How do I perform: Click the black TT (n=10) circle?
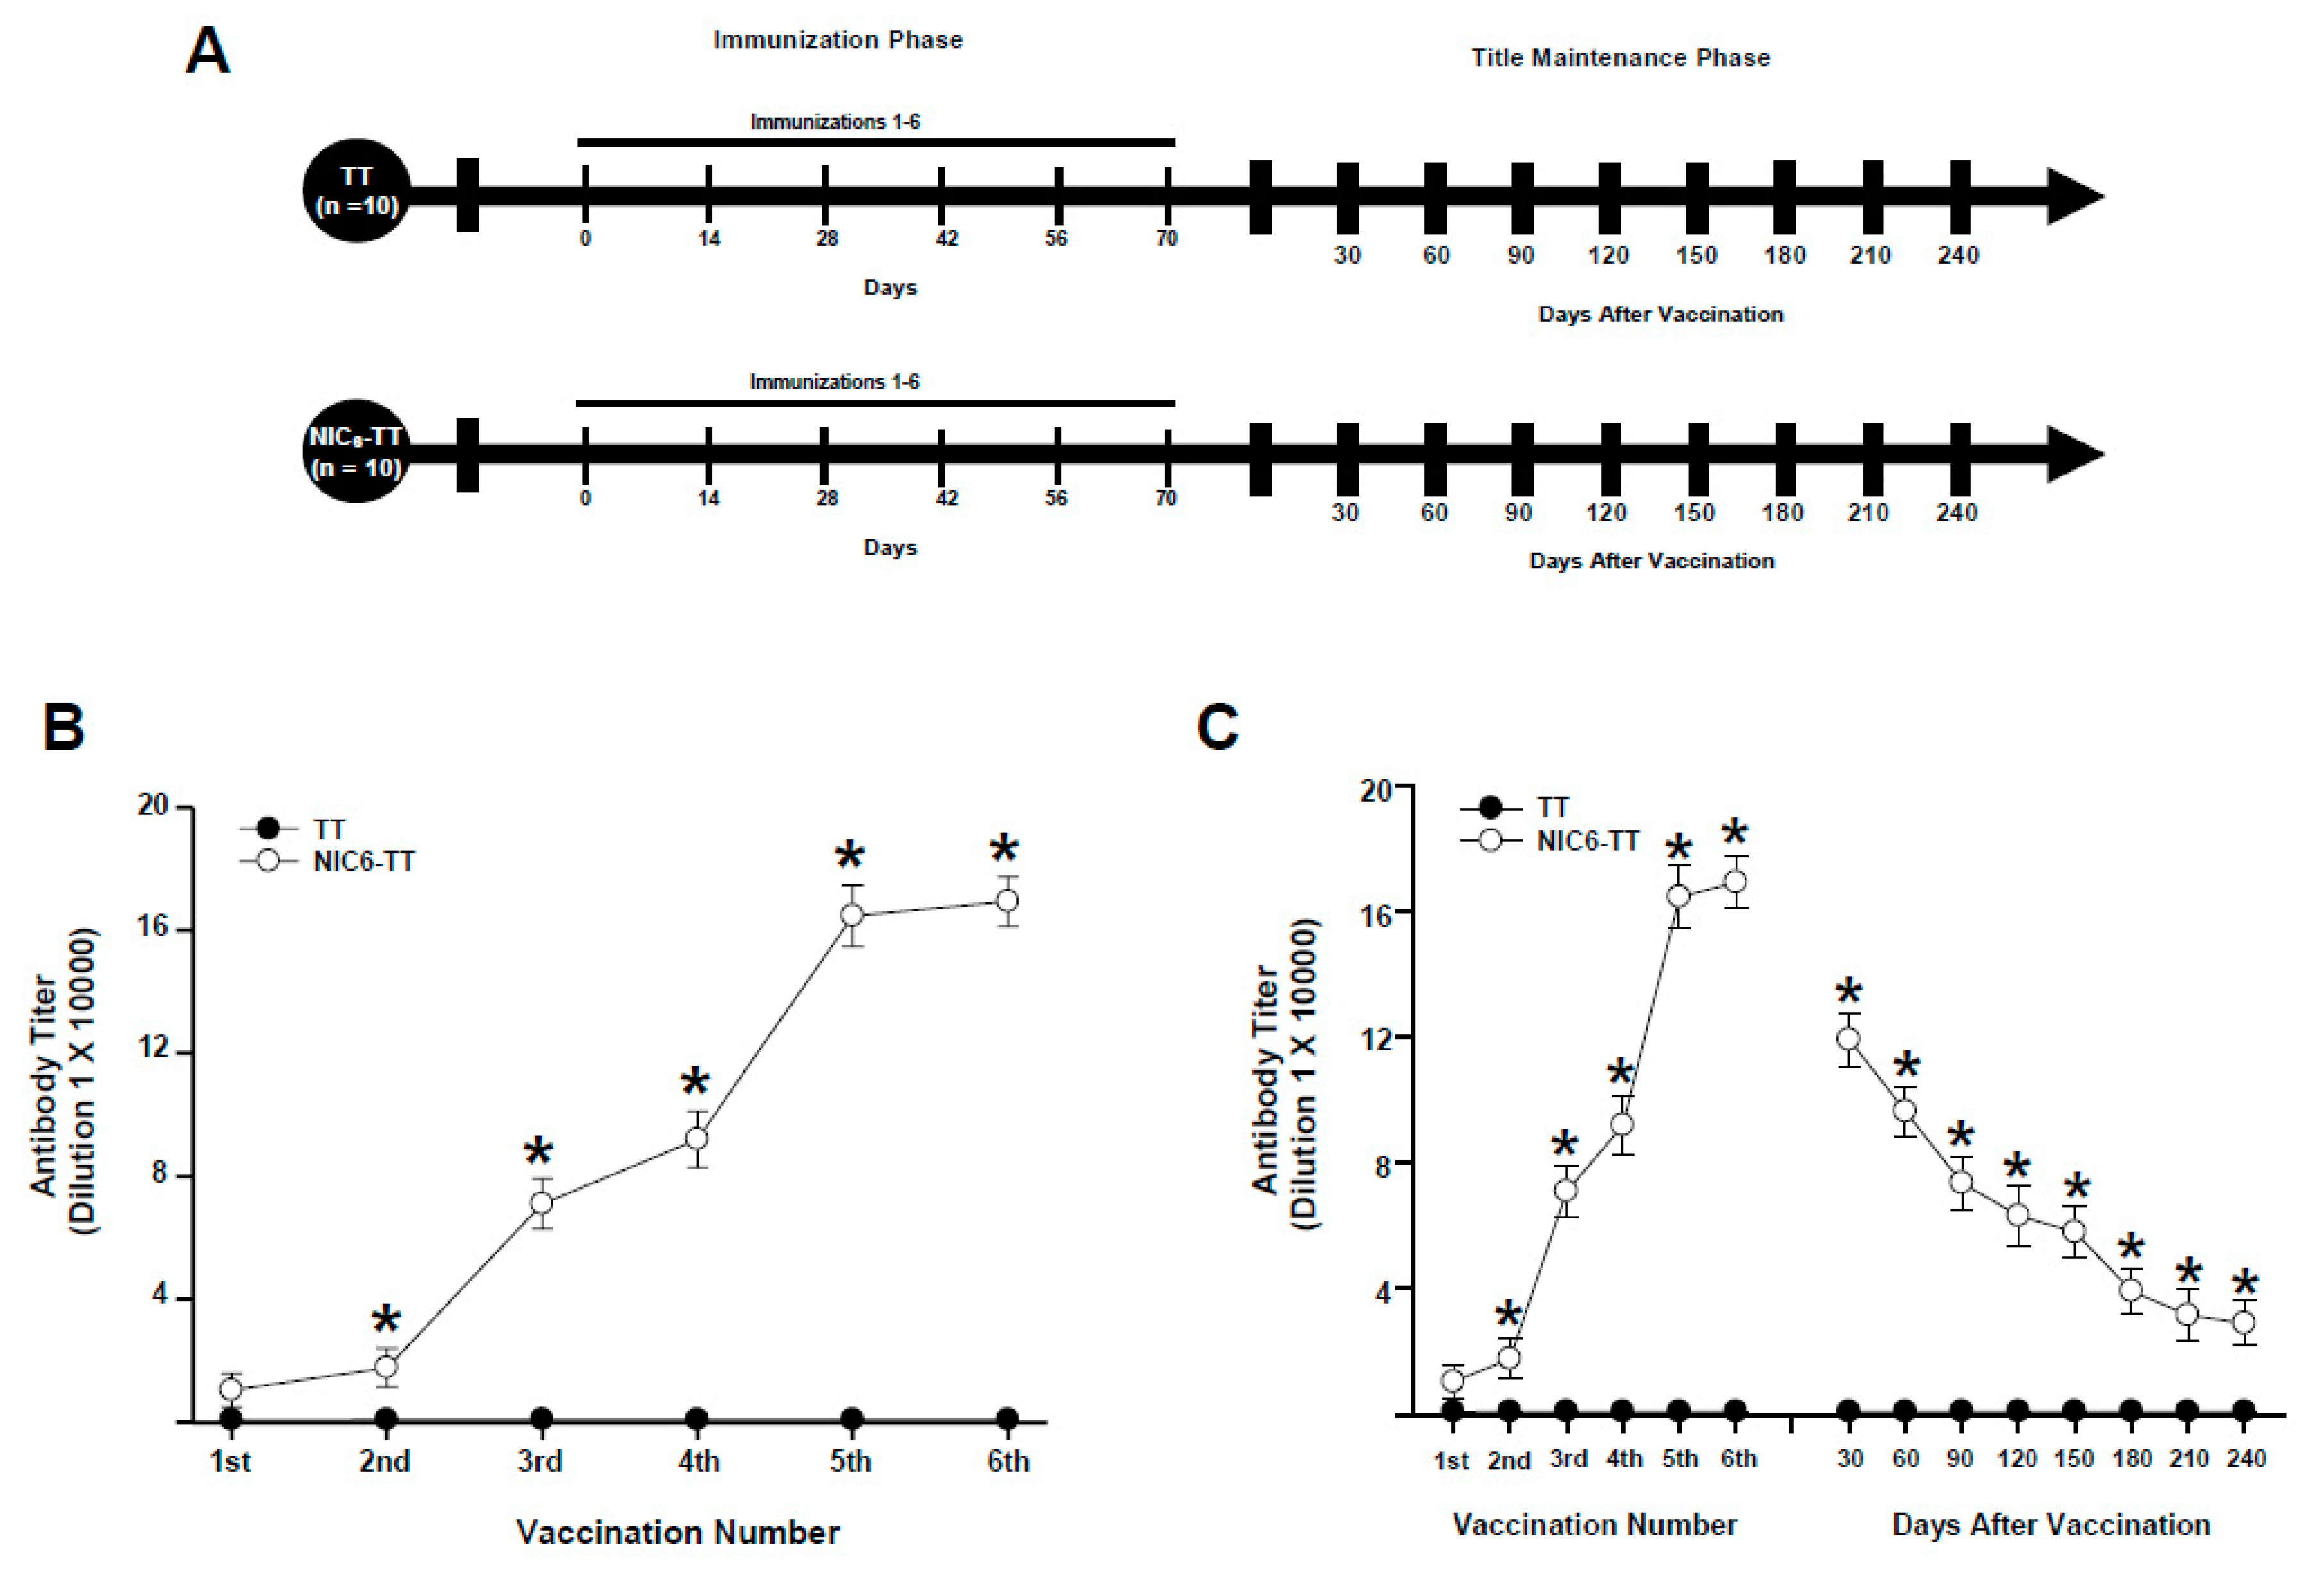356,190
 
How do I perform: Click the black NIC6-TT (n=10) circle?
356,452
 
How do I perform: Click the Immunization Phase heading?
837,40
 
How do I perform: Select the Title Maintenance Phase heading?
1620,58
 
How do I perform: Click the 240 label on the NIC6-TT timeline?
1955,513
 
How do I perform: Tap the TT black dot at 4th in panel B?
697,1418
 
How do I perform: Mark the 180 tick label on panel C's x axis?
2131,1458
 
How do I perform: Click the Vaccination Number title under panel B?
678,1532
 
